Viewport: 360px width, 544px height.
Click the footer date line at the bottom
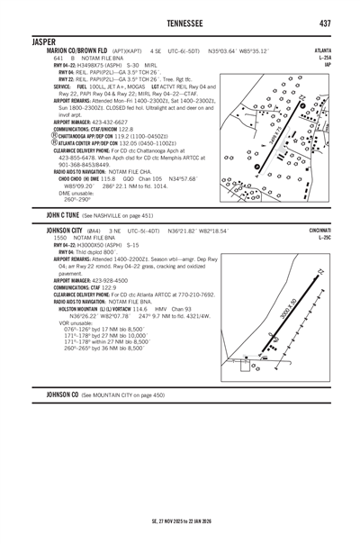coord(180,521)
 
